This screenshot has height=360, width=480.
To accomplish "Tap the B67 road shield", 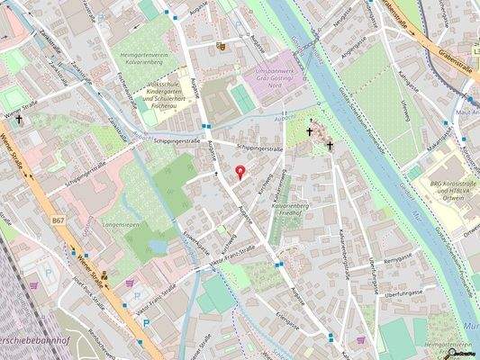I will [x=59, y=220].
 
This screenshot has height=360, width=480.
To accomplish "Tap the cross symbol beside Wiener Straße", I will [x=18, y=119].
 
